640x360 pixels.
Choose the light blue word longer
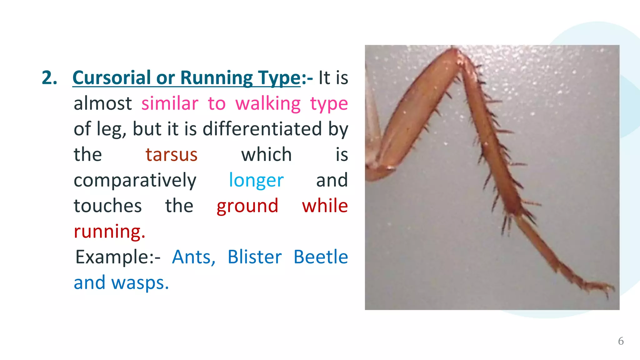(256, 180)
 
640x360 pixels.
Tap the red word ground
(247, 206)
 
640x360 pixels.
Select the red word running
(109, 232)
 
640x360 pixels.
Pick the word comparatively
(135, 180)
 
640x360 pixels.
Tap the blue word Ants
(193, 257)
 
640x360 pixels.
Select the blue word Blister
(254, 257)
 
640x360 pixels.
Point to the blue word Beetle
(321, 257)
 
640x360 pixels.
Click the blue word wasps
(140, 283)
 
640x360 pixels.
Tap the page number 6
(621, 341)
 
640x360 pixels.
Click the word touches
(107, 206)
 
